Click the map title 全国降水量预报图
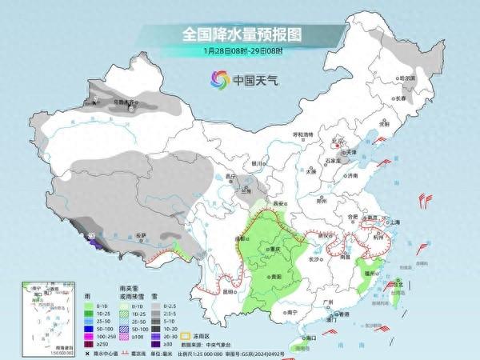tap(239, 34)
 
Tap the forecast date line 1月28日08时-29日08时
tap(239, 50)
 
